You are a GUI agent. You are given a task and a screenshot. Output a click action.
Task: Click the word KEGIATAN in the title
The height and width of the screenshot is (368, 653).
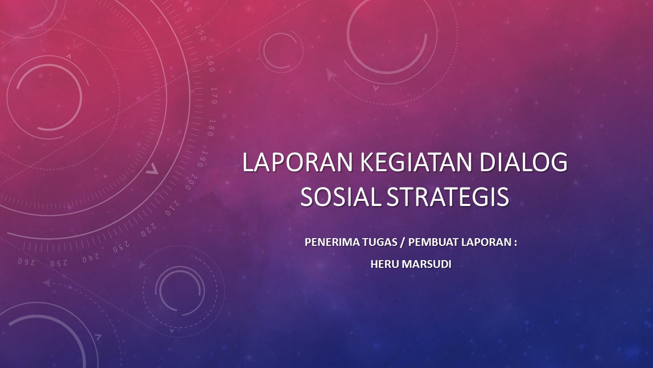tap(416, 163)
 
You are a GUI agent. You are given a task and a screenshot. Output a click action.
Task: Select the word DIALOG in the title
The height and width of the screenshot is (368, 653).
tap(523, 163)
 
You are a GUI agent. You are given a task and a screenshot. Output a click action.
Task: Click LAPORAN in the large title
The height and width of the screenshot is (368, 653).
tap(297, 163)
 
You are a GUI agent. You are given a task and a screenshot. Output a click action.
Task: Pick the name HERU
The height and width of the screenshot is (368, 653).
tap(385, 264)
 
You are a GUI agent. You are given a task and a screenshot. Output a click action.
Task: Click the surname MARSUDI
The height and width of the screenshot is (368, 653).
tap(426, 264)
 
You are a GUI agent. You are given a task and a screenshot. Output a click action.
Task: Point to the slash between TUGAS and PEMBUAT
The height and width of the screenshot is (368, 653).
tap(403, 242)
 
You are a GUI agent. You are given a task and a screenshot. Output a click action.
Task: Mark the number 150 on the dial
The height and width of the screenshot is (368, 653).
tap(201, 33)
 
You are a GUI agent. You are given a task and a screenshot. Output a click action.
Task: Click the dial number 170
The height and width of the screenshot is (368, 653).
tap(214, 95)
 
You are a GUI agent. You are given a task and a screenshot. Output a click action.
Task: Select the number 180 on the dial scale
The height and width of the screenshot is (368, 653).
tap(212, 128)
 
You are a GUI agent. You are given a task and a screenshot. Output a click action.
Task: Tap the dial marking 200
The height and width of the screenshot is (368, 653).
tap(191, 182)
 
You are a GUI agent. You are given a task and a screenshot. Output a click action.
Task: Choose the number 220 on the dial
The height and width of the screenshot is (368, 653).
tap(148, 230)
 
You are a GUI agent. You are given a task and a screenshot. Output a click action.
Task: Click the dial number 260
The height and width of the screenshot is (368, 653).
tap(27, 262)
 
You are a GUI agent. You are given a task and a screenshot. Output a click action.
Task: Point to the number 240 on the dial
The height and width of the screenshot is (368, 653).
tap(90, 258)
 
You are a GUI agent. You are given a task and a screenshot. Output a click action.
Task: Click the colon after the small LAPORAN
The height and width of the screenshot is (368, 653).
tap(515, 243)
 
